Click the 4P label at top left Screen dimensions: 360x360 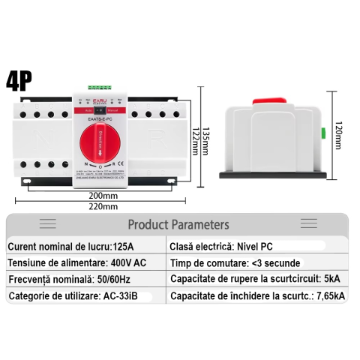(x=20, y=80)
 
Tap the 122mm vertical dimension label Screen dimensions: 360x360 (x=195, y=139)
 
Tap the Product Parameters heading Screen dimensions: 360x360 (x=178, y=223)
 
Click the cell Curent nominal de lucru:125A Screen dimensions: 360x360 (x=72, y=246)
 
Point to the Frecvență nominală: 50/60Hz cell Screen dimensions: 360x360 (x=66, y=279)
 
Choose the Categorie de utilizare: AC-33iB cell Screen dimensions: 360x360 (x=73, y=296)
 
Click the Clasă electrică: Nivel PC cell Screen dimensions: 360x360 (x=221, y=246)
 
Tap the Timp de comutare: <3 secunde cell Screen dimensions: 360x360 (x=235, y=262)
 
